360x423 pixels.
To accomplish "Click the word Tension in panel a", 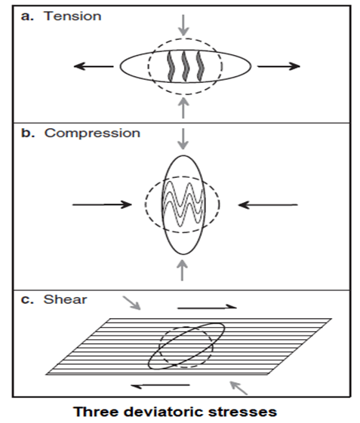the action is tap(72, 16).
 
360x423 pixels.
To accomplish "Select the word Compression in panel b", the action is tap(92, 133).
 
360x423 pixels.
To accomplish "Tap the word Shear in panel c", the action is tap(66, 299).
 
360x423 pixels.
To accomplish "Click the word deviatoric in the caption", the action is tap(162, 412).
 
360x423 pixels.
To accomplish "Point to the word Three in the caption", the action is tap(96, 412).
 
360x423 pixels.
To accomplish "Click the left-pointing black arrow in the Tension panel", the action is tap(94, 66).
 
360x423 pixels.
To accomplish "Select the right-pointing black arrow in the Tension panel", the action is tap(278, 66).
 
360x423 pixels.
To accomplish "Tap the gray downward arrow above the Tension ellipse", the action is tap(183, 25).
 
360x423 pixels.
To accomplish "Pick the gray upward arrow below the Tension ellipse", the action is tap(183, 108).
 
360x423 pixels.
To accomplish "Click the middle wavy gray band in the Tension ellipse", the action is tap(185, 66).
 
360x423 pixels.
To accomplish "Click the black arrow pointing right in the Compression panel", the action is tap(102, 205).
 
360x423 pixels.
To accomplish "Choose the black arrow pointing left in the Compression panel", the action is tap(268, 205).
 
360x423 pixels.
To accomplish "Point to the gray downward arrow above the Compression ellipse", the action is tap(183, 139).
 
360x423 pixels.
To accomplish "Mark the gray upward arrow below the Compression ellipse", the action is tap(183, 270).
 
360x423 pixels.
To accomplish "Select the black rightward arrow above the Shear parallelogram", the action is tap(207, 307).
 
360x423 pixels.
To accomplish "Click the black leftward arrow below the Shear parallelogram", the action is tap(161, 385).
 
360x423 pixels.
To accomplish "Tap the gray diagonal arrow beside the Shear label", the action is tap(132, 303).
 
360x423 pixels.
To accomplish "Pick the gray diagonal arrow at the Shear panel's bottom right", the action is tap(238, 388).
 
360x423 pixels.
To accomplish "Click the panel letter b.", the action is tap(28, 133).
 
